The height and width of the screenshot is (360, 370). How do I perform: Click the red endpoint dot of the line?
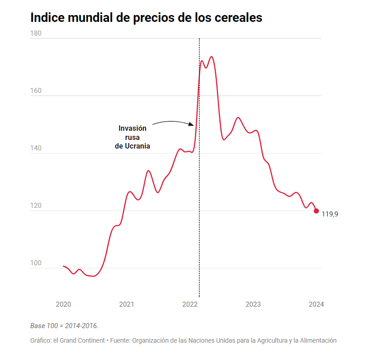click(316, 211)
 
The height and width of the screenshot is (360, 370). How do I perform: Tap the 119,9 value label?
click(329, 214)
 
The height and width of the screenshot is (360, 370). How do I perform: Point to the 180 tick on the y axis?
click(35, 33)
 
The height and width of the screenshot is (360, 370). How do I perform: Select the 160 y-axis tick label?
click(35, 91)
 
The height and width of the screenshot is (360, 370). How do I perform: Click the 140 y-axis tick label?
click(35, 148)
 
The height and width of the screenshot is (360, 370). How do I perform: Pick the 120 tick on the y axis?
click(35, 206)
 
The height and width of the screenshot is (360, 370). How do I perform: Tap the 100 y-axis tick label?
click(35, 263)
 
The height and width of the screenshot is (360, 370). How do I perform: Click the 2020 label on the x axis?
click(63, 304)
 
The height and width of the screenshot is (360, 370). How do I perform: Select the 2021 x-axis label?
click(127, 304)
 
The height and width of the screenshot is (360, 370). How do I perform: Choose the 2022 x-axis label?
click(190, 304)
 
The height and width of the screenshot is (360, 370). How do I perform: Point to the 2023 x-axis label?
click(253, 304)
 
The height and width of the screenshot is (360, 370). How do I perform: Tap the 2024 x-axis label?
click(316, 304)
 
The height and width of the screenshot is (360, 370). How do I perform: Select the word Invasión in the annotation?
click(132, 128)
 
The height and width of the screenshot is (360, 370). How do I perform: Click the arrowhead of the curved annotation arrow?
click(191, 124)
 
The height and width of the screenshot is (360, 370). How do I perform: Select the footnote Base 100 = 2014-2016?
click(64, 325)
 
